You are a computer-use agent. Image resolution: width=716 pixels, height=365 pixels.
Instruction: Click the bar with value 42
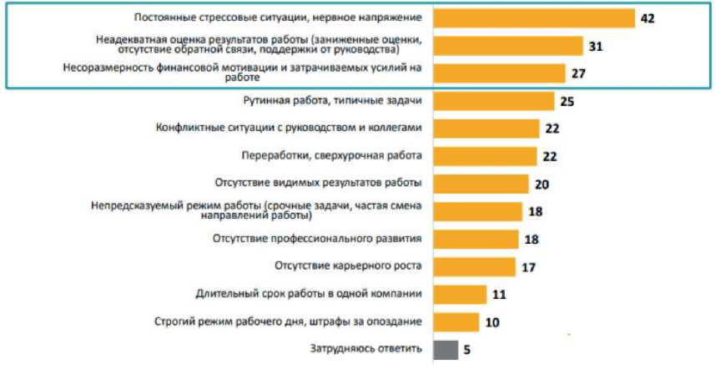tap(535, 18)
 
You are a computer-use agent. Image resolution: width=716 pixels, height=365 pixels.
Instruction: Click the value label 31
tap(595, 46)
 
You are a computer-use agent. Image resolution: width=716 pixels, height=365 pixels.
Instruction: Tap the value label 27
tap(577, 74)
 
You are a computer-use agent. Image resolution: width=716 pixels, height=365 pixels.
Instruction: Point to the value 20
tap(542, 184)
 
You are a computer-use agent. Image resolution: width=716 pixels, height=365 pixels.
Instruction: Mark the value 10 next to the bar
tap(492, 322)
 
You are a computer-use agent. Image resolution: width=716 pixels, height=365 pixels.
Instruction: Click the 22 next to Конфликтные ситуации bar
tap(551, 129)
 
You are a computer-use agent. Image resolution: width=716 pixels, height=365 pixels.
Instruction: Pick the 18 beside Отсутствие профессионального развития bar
tap(531, 239)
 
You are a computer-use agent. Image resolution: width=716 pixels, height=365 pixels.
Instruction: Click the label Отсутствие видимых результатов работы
tap(317, 183)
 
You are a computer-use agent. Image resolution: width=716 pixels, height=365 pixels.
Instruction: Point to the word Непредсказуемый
tap(132, 205)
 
